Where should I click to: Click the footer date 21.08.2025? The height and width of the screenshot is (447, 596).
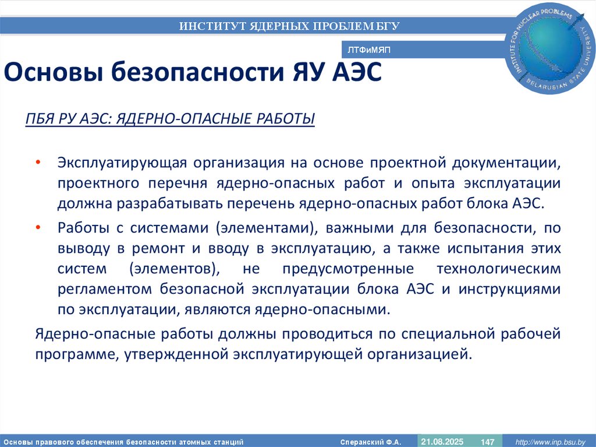click(442, 441)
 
